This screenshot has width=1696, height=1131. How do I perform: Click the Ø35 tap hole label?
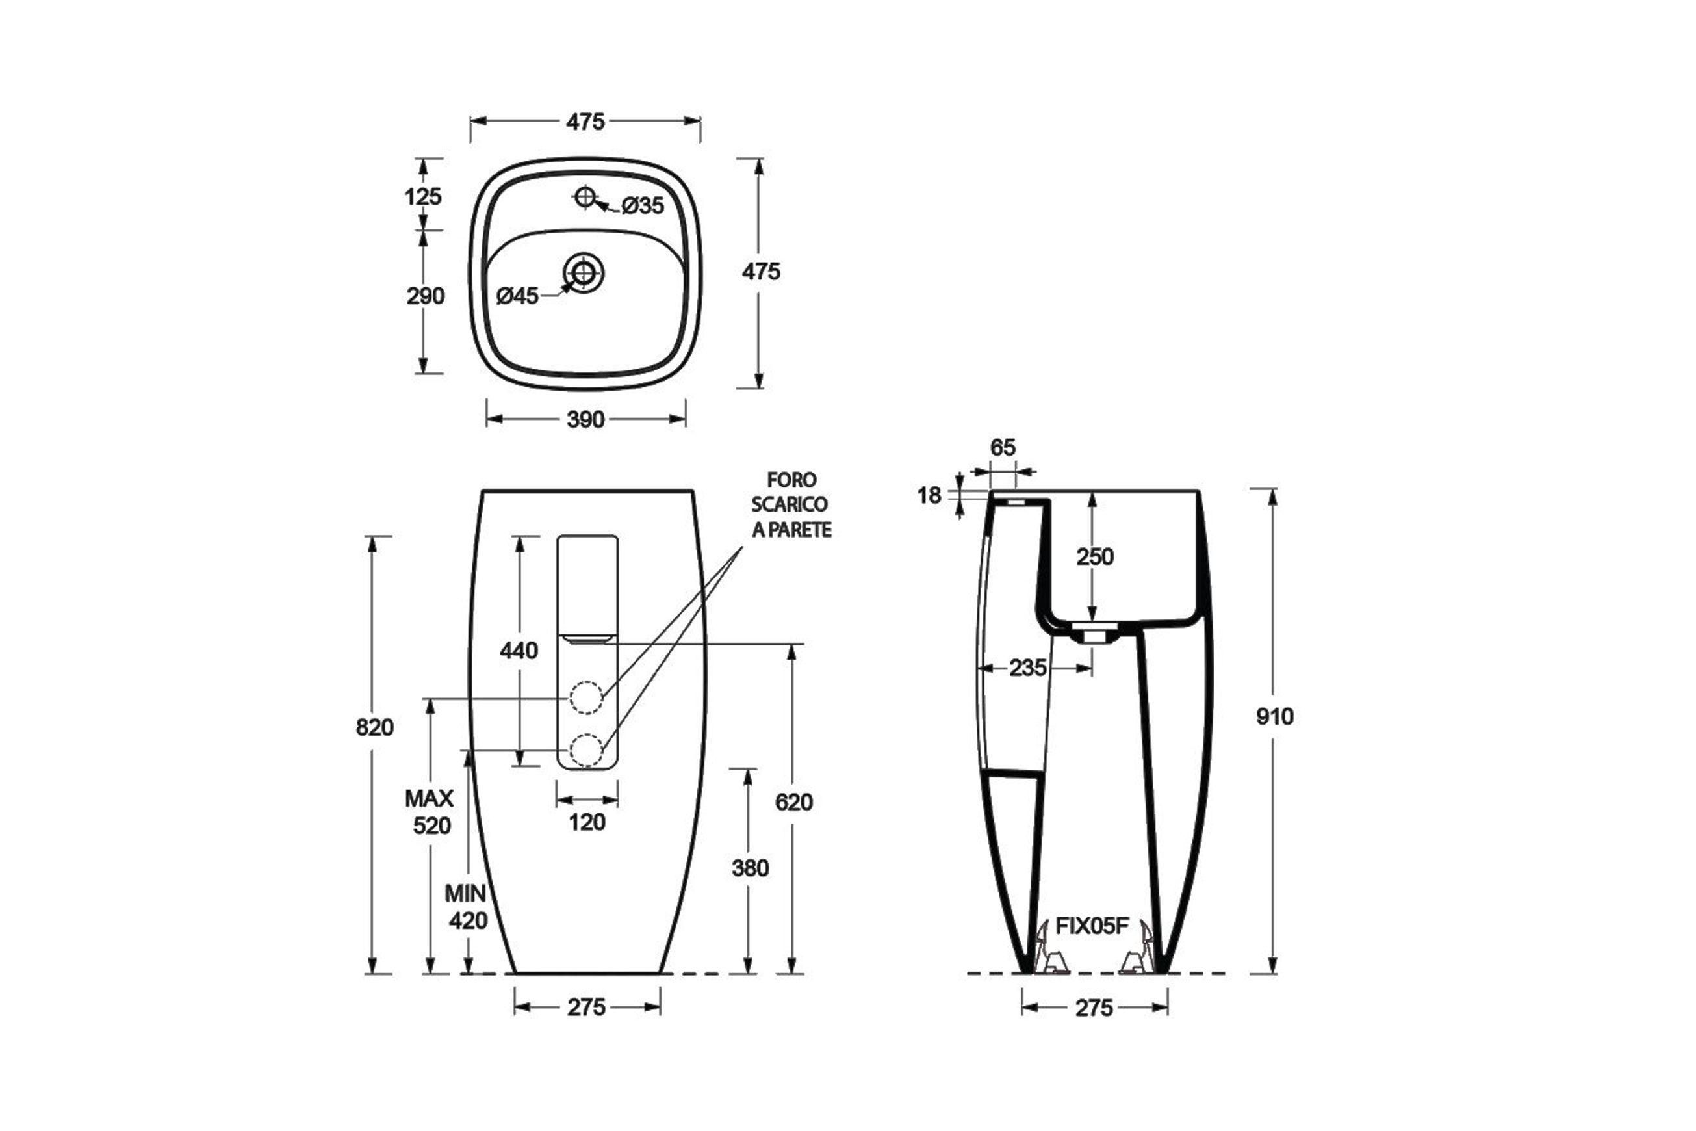643,205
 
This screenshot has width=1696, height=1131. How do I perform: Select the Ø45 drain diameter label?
518,296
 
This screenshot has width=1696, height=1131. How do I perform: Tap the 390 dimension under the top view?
585,420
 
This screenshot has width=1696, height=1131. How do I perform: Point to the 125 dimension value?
423,196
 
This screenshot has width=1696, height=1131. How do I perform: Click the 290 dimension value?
426,296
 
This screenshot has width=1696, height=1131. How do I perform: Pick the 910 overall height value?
1275,716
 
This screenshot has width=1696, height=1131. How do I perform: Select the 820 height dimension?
375,727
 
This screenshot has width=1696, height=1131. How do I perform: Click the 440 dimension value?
519,651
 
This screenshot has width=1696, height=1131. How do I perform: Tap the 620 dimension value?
794,802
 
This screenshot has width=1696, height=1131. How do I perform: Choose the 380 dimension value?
751,868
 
